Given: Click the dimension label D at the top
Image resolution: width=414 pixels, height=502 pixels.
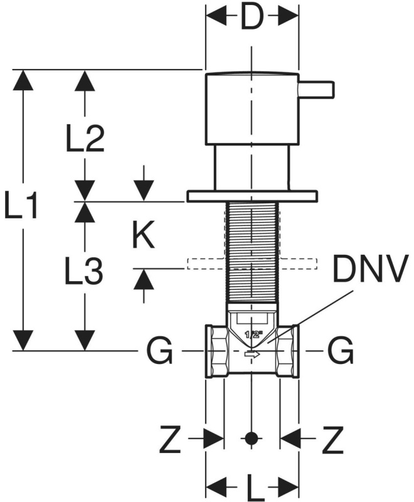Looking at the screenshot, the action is point(251,16).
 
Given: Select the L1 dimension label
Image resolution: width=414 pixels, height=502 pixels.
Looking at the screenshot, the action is point(21,206).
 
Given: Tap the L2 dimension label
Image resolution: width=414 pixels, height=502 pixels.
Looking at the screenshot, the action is point(85,139).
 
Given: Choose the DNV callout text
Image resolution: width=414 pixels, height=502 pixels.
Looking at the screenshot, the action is point(371,269).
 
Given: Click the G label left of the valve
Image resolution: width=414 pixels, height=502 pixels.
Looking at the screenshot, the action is point(159,351).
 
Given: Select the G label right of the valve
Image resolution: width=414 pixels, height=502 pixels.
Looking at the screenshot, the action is point(341,351).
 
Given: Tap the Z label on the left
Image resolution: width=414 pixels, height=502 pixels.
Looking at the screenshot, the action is point(170,439).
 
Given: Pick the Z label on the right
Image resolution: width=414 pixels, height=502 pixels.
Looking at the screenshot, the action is point(332,439).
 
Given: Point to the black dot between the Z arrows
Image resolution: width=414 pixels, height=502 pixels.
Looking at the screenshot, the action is point(252,438).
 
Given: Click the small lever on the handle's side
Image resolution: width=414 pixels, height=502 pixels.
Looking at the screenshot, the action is point(316,88).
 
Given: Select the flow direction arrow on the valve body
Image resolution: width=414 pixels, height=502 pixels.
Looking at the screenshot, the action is point(252,354).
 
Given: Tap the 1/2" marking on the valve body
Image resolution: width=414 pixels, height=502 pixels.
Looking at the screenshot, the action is point(253,335).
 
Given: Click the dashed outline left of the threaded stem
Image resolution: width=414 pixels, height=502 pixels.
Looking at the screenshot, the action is point(206,264).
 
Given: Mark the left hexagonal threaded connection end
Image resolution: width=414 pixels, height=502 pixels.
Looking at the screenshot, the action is point(216,351).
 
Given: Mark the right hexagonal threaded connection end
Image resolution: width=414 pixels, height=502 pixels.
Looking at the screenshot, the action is point(288,351).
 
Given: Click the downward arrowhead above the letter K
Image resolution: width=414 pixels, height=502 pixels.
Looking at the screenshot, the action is point(144,191).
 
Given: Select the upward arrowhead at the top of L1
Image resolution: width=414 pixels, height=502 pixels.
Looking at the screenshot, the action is point(23,80).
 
